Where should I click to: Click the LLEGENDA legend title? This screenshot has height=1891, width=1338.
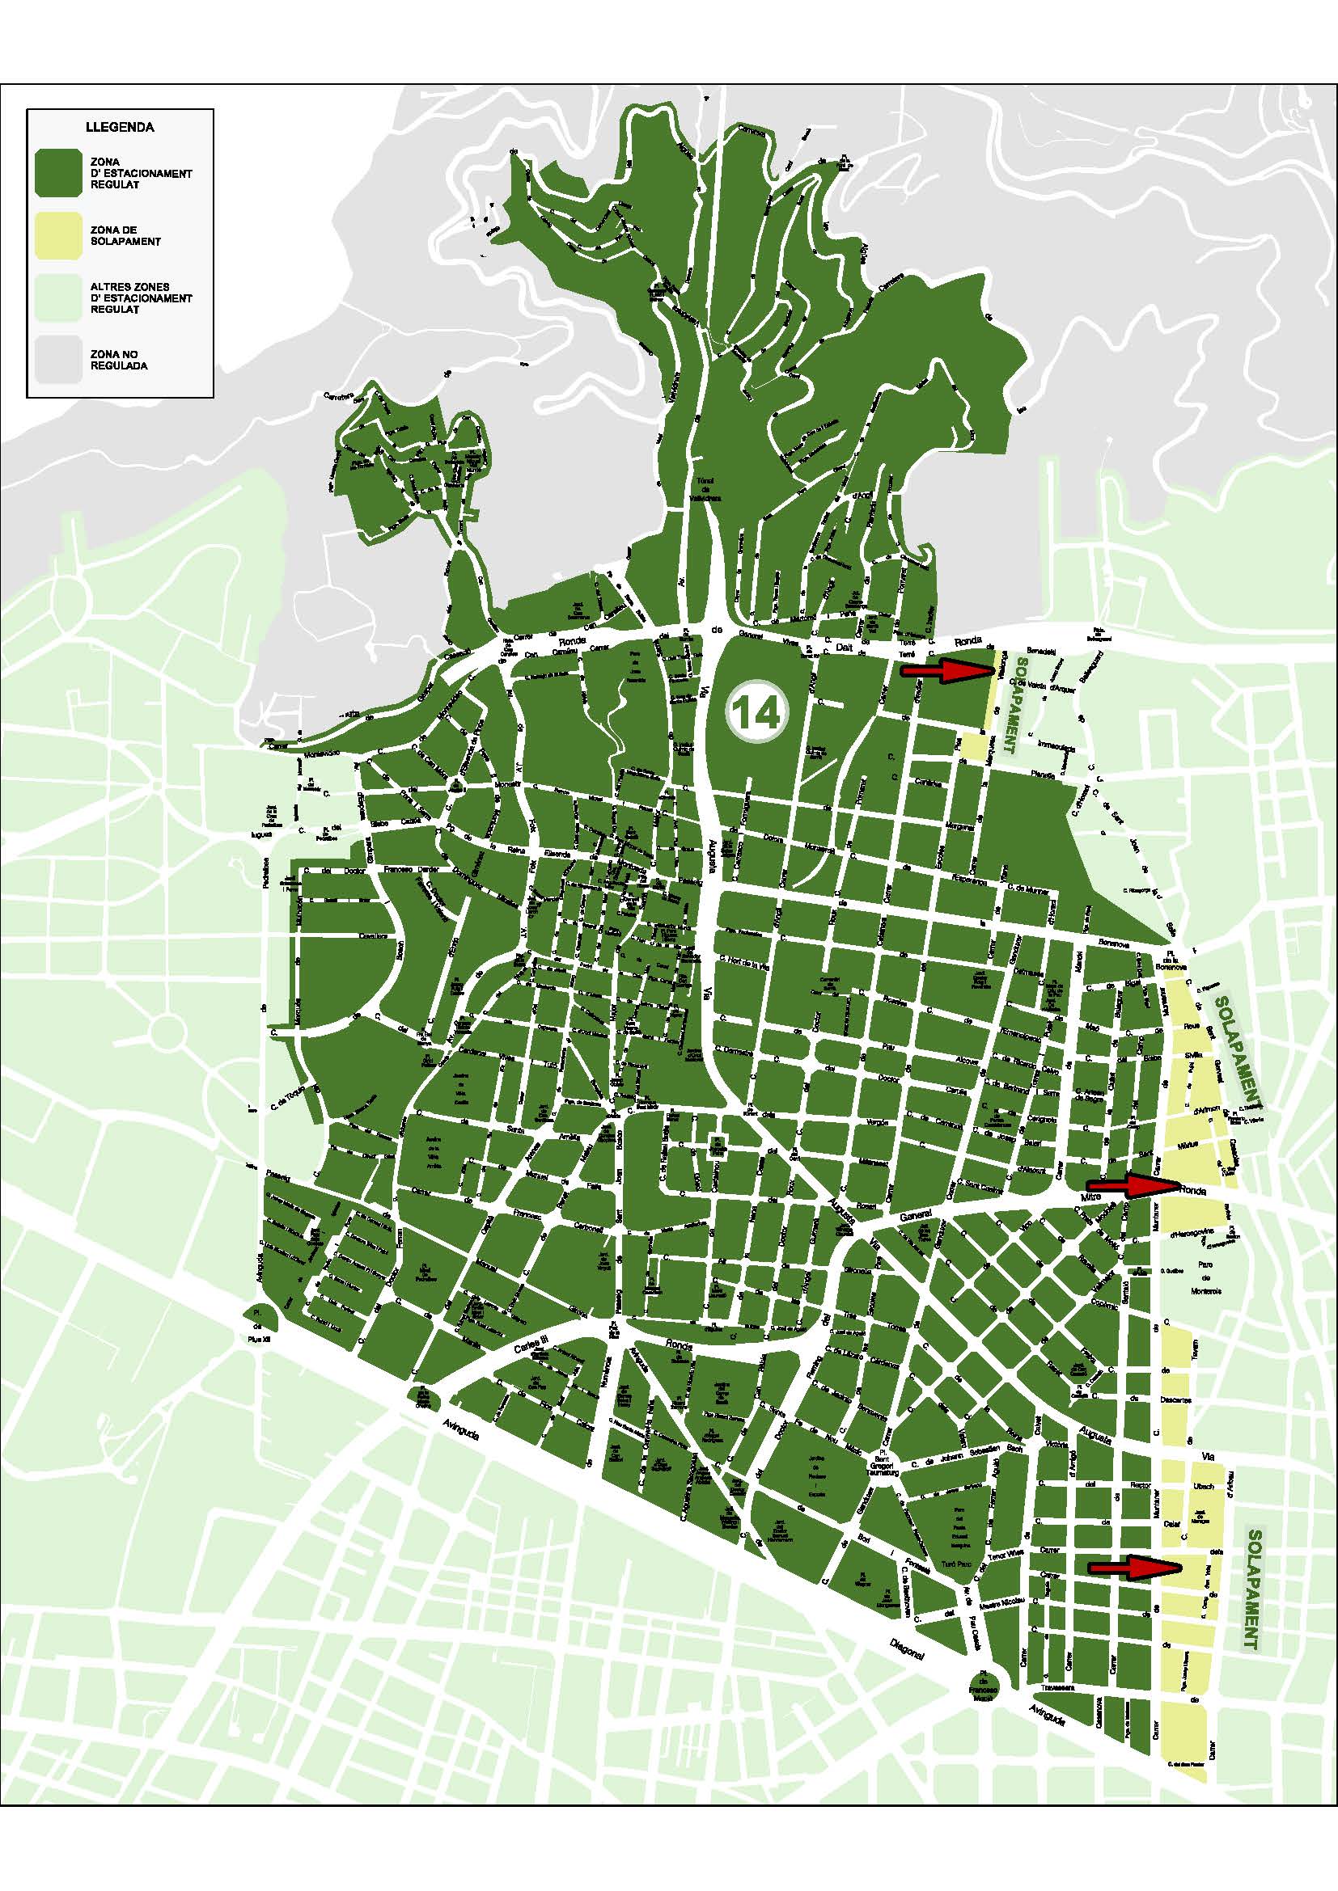[x=120, y=128]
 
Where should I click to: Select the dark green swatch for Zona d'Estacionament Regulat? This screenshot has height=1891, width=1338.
[x=57, y=173]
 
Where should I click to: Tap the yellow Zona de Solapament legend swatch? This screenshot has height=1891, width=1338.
[x=57, y=235]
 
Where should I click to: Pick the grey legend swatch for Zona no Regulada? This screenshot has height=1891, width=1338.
[x=57, y=360]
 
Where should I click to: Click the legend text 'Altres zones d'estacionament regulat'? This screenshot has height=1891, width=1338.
[x=141, y=298]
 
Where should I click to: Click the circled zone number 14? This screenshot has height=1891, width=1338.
[x=756, y=713]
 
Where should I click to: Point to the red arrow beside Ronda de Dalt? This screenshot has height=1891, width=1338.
[x=947, y=671]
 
